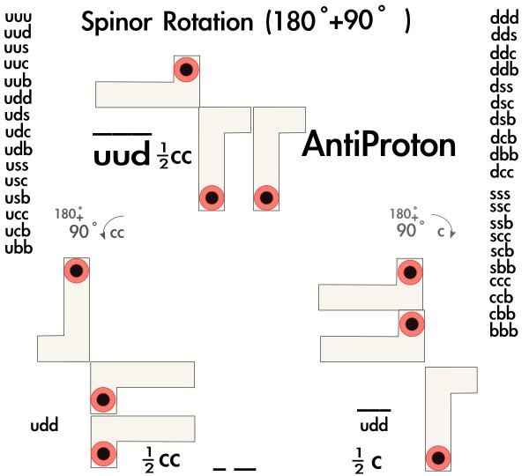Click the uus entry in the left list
18,48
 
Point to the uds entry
18,115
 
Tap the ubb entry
18,248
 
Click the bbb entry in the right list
503,331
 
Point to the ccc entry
503,281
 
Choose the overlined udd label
374,427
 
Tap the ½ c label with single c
367,458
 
